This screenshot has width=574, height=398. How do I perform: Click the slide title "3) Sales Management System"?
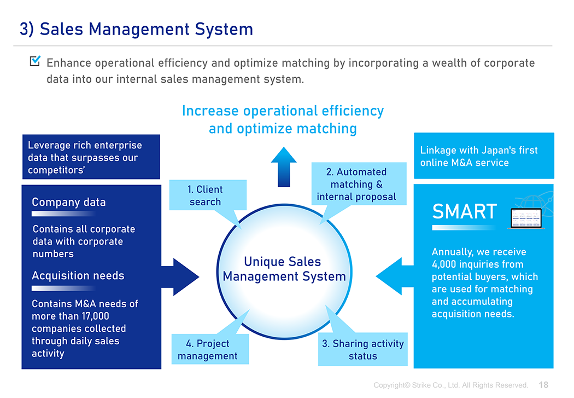(x=136, y=30)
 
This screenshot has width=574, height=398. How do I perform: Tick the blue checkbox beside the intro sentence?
(x=35, y=61)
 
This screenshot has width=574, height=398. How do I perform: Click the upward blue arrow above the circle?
(x=284, y=167)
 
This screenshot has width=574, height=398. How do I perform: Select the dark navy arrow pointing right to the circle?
(x=180, y=277)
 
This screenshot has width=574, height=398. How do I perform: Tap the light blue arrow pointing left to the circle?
(x=395, y=276)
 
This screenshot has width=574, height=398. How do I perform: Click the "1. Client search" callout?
(x=208, y=195)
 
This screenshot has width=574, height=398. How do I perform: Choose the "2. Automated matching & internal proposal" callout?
(x=359, y=184)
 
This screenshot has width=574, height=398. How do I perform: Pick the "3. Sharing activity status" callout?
(x=363, y=349)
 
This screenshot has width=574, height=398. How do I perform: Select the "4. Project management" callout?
(x=210, y=349)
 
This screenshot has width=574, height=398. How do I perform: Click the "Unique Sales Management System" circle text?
(x=284, y=269)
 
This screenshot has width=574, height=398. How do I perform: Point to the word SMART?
(x=465, y=211)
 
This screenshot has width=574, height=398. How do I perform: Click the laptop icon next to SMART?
(x=526, y=218)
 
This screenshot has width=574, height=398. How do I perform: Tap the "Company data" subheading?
(x=69, y=202)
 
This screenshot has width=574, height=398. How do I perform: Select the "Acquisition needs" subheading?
(x=78, y=275)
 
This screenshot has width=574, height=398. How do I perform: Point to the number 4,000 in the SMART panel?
(x=444, y=264)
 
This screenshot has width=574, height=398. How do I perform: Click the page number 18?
(x=543, y=385)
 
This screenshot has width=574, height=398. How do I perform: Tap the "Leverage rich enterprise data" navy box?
(x=91, y=157)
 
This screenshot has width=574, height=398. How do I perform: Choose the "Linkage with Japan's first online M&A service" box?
(x=484, y=156)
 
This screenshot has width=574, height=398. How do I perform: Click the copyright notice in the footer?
(x=450, y=385)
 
